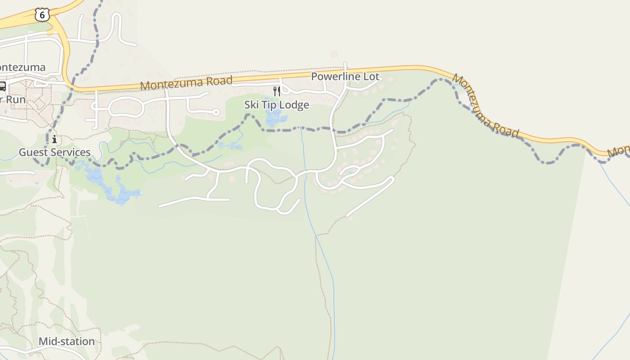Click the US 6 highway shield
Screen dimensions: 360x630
(x=42, y=15)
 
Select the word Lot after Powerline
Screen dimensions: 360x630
(x=371, y=76)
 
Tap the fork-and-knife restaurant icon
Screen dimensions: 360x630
(x=277, y=91)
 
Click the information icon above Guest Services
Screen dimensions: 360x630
(x=54, y=139)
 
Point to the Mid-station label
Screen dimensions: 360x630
(x=67, y=341)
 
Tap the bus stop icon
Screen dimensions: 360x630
(x=2, y=86)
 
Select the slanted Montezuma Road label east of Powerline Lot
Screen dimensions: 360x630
(x=486, y=106)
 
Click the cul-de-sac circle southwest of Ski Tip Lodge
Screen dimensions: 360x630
(x=216, y=112)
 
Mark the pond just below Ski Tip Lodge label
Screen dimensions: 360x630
(x=273, y=118)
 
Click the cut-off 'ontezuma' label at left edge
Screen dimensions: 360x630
(x=22, y=67)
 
